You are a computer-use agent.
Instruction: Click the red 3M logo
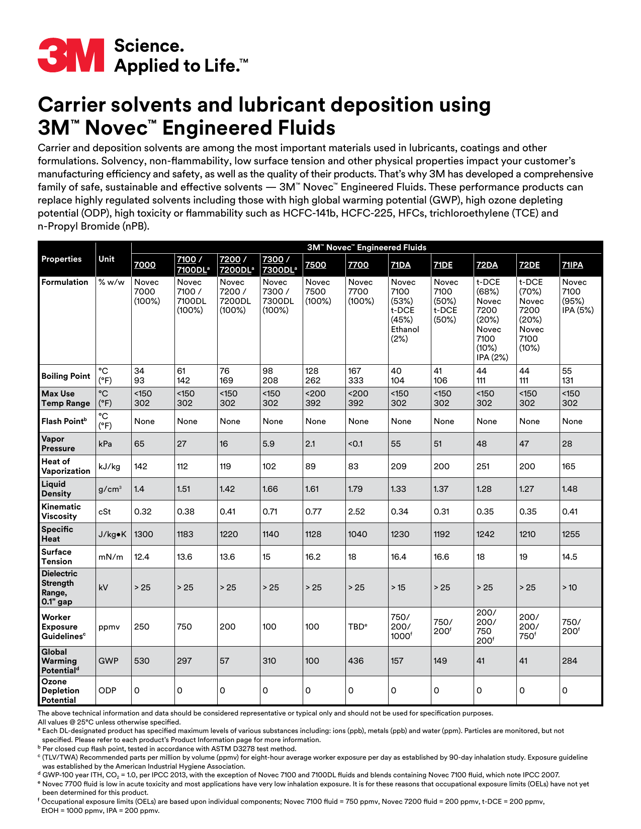pos(71,55)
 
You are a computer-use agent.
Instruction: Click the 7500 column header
pos(315,265)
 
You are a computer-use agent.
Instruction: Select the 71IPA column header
pos(572,265)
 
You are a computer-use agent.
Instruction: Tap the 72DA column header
pos(487,265)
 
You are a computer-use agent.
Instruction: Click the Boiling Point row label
pos(66,376)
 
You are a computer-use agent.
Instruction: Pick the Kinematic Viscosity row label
pos(61,511)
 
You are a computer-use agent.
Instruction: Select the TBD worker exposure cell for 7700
pos(357,627)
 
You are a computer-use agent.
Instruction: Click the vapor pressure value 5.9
pos(268,444)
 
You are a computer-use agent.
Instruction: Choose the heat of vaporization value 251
pos(483,466)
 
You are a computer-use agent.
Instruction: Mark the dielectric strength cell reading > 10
pos(570,587)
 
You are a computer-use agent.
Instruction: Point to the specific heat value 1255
pos(571,534)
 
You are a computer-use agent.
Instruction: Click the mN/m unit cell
pos(111,557)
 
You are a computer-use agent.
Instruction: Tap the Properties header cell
pos(61,259)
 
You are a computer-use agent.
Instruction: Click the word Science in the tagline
pos(149,46)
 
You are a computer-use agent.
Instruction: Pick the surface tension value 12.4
pos(142,557)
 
